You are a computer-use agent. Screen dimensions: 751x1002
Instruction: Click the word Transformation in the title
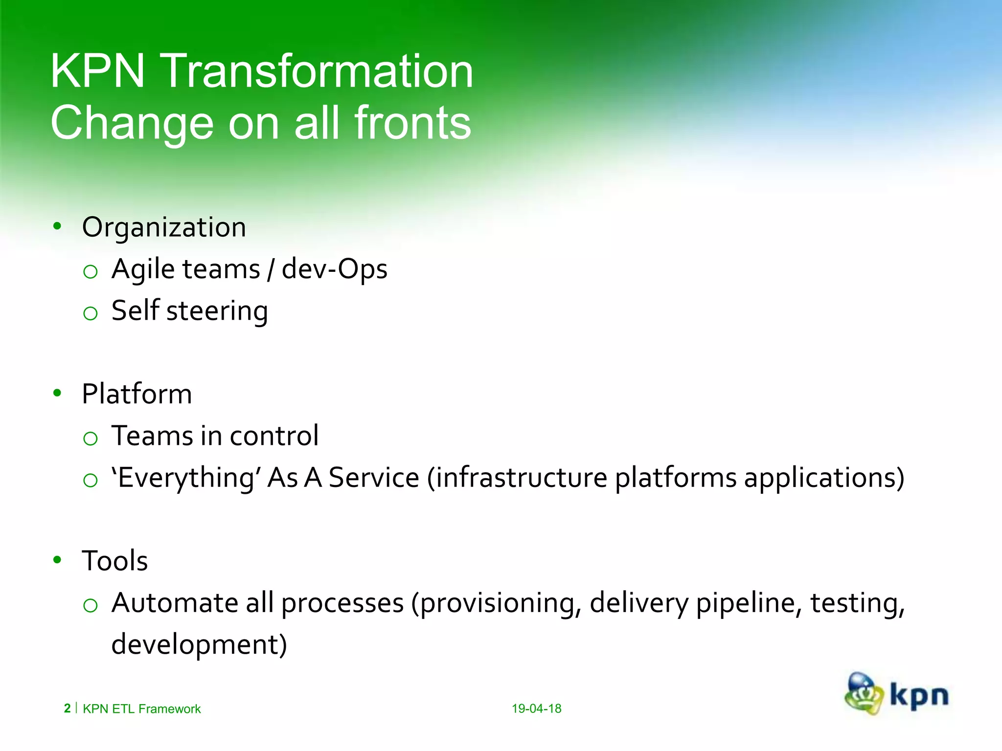click(x=317, y=71)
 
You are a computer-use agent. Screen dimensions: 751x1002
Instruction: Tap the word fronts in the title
click(x=412, y=123)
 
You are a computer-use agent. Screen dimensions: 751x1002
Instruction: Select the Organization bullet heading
click(x=164, y=227)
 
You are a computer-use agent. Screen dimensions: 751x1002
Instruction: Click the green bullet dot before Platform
click(x=57, y=393)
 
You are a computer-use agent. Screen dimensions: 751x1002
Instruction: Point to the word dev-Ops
click(x=335, y=269)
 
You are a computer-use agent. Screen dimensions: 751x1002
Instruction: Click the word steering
click(x=217, y=311)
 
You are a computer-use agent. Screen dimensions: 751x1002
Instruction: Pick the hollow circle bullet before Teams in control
click(x=91, y=438)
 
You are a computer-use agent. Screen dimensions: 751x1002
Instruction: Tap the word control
click(x=274, y=436)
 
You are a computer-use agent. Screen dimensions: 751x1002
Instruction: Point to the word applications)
click(x=824, y=478)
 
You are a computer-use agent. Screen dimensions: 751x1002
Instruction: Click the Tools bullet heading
click(x=115, y=560)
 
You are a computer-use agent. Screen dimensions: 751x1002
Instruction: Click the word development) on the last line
click(x=199, y=644)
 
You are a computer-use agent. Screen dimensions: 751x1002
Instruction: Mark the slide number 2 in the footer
click(x=67, y=708)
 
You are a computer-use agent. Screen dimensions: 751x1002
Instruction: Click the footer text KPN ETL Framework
click(x=142, y=709)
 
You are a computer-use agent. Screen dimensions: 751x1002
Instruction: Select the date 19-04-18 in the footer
click(x=536, y=708)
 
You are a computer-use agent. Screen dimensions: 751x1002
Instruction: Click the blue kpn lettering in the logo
click(x=919, y=696)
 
